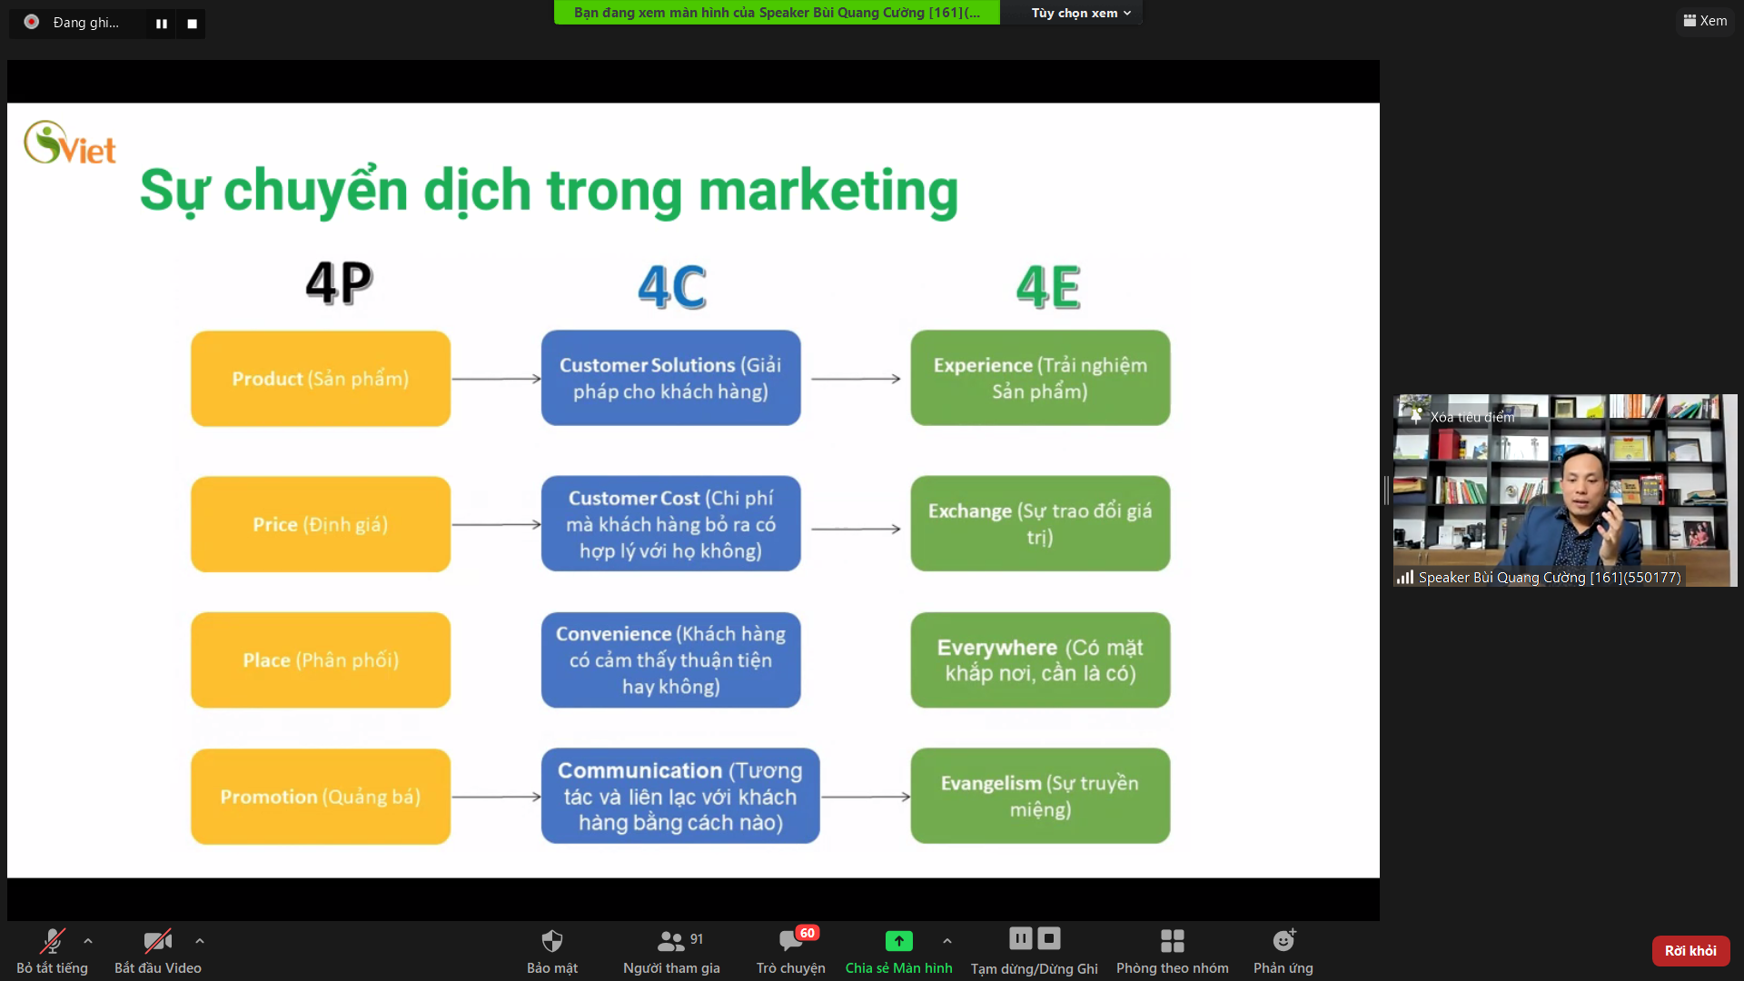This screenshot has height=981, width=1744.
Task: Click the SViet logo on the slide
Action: coord(70,144)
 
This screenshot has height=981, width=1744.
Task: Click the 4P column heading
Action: coord(339,282)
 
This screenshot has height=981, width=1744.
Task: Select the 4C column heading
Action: coord(672,287)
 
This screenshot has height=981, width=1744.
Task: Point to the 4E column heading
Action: coord(1048,287)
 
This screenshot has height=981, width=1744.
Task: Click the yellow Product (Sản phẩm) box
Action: coord(321,379)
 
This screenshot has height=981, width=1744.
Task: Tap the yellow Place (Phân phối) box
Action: coord(321,660)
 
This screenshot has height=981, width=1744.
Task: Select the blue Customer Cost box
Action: coord(671,524)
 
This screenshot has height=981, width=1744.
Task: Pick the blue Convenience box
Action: coord(671,660)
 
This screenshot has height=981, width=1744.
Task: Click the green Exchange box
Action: coord(1040,524)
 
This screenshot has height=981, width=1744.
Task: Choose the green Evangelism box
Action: coord(1040,797)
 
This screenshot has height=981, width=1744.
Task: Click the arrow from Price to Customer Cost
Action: coord(497,525)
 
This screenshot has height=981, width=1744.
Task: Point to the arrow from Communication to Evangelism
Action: coord(866,797)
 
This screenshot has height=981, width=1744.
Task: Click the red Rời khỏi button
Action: coord(1690,951)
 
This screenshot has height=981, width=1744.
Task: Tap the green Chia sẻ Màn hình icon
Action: coord(898,941)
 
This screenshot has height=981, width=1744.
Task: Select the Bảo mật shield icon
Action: coord(552,941)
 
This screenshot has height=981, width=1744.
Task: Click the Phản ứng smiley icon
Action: coord(1283,940)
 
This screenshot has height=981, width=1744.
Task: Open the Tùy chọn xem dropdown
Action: coord(1081,13)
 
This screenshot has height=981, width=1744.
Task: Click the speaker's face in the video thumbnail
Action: coord(1585,488)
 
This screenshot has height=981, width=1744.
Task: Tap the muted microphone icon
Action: coord(53,941)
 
